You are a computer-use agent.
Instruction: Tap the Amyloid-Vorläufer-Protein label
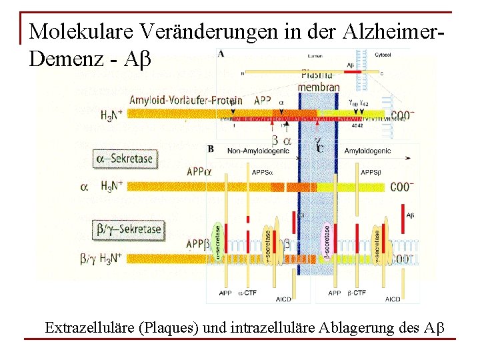pos(185,100)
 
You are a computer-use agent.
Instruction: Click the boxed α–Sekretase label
pos(125,159)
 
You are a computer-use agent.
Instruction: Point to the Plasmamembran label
pos(318,81)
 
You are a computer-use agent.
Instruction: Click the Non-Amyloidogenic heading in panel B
pos(258,151)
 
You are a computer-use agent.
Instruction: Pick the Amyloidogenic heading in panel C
pos(368,151)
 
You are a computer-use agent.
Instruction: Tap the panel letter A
pos(221,53)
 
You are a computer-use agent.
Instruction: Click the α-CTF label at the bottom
pos(247,293)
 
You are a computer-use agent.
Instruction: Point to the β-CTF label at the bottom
pos(357,293)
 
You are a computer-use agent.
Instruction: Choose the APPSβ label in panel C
pos(371,172)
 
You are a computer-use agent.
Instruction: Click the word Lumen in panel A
pos(315,57)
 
